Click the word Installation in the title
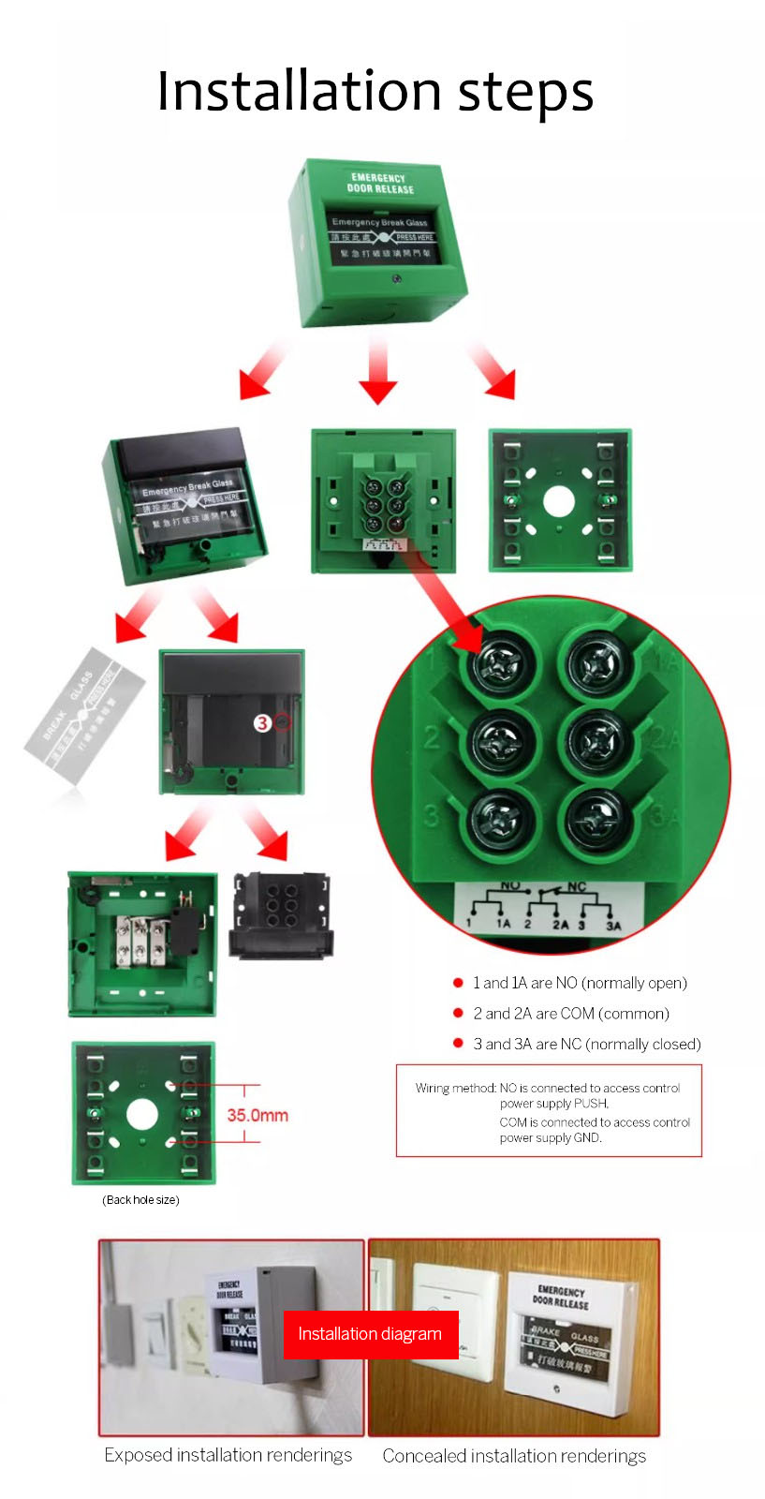pos(298,92)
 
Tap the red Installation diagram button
pos(370,1334)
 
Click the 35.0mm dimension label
pos(257,1115)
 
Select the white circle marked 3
pos(263,722)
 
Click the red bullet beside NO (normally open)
pos(458,983)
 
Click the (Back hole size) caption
pos(140,1200)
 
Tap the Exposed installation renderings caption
pos(228,1455)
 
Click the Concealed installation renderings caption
pos(514,1456)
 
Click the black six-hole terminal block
pos(281,914)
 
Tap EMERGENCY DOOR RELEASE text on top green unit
pos(379,183)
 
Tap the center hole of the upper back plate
pos(559,502)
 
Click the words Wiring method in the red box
pos(455,1088)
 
